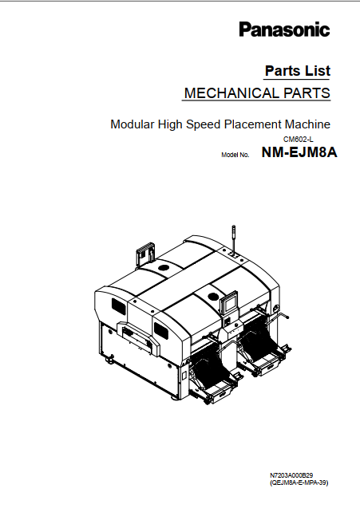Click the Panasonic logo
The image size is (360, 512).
[284, 30]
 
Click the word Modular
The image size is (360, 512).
[133, 124]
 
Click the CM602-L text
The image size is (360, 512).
[299, 140]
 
